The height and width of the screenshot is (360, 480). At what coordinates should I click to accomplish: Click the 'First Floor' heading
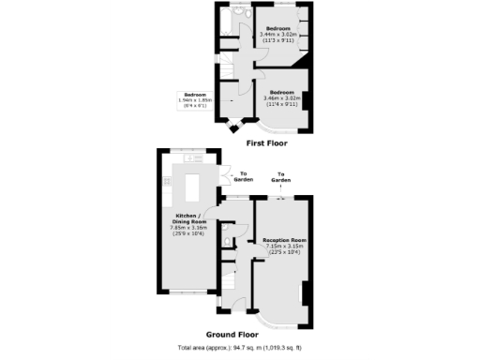[x=266, y=143]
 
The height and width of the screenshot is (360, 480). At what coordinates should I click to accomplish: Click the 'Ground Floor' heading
[x=232, y=334]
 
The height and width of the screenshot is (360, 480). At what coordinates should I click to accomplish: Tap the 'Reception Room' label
[x=285, y=240]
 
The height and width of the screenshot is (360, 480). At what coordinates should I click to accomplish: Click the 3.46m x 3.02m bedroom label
[x=278, y=97]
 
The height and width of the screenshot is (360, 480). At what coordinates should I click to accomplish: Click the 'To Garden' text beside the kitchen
[x=244, y=175]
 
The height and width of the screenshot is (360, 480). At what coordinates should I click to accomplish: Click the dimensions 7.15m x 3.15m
[x=285, y=247]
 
